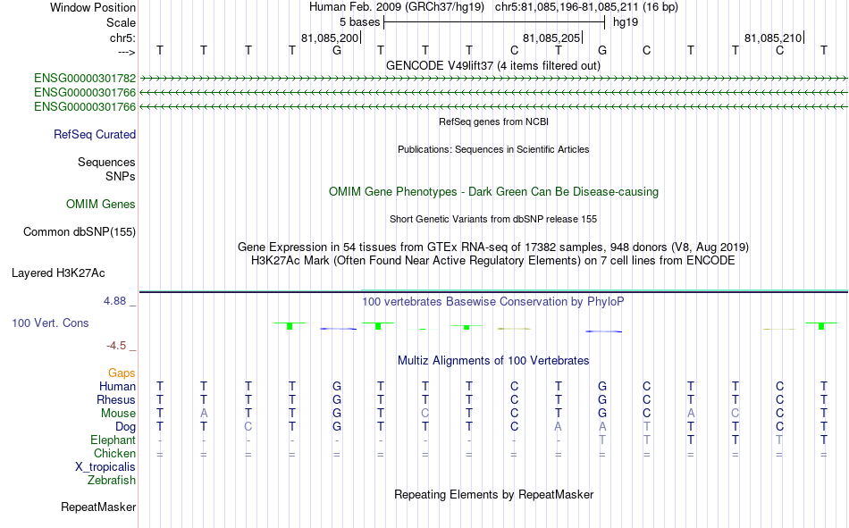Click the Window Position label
click(x=93, y=7)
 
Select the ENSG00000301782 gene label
click(x=85, y=79)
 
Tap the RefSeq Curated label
click(x=95, y=134)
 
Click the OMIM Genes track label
click(x=101, y=205)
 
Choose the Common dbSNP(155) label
click(x=80, y=231)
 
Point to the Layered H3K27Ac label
click(x=58, y=273)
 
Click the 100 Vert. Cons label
click(x=50, y=323)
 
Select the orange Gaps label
click(x=122, y=373)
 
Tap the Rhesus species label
click(x=116, y=399)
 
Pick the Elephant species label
click(x=113, y=440)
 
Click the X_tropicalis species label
click(x=105, y=467)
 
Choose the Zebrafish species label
click(x=112, y=481)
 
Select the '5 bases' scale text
click(x=359, y=22)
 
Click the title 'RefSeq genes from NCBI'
click(x=494, y=122)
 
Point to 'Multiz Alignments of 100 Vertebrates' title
click(x=493, y=361)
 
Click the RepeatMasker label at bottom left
click(x=98, y=507)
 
